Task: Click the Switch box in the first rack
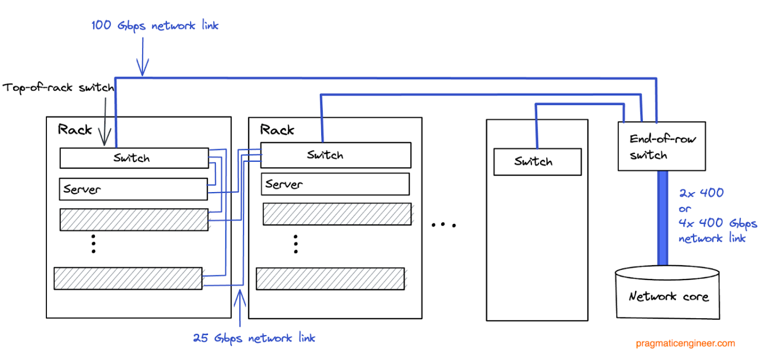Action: (x=134, y=158)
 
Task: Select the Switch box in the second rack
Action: (x=336, y=155)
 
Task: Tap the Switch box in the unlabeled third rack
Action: (x=537, y=162)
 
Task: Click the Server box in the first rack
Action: (x=133, y=189)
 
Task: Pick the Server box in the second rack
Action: (x=335, y=184)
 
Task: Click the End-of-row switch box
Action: (x=662, y=146)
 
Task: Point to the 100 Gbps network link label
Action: (x=155, y=25)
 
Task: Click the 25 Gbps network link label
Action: (x=253, y=338)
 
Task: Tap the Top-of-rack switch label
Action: (x=58, y=87)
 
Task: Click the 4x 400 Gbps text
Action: (x=718, y=223)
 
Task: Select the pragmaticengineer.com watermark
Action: (x=685, y=343)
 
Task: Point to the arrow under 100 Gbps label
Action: (x=142, y=59)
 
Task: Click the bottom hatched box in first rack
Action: (x=128, y=278)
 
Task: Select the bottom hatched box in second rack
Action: (x=330, y=278)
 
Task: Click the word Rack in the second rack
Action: (x=277, y=130)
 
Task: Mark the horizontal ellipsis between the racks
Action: (x=443, y=224)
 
